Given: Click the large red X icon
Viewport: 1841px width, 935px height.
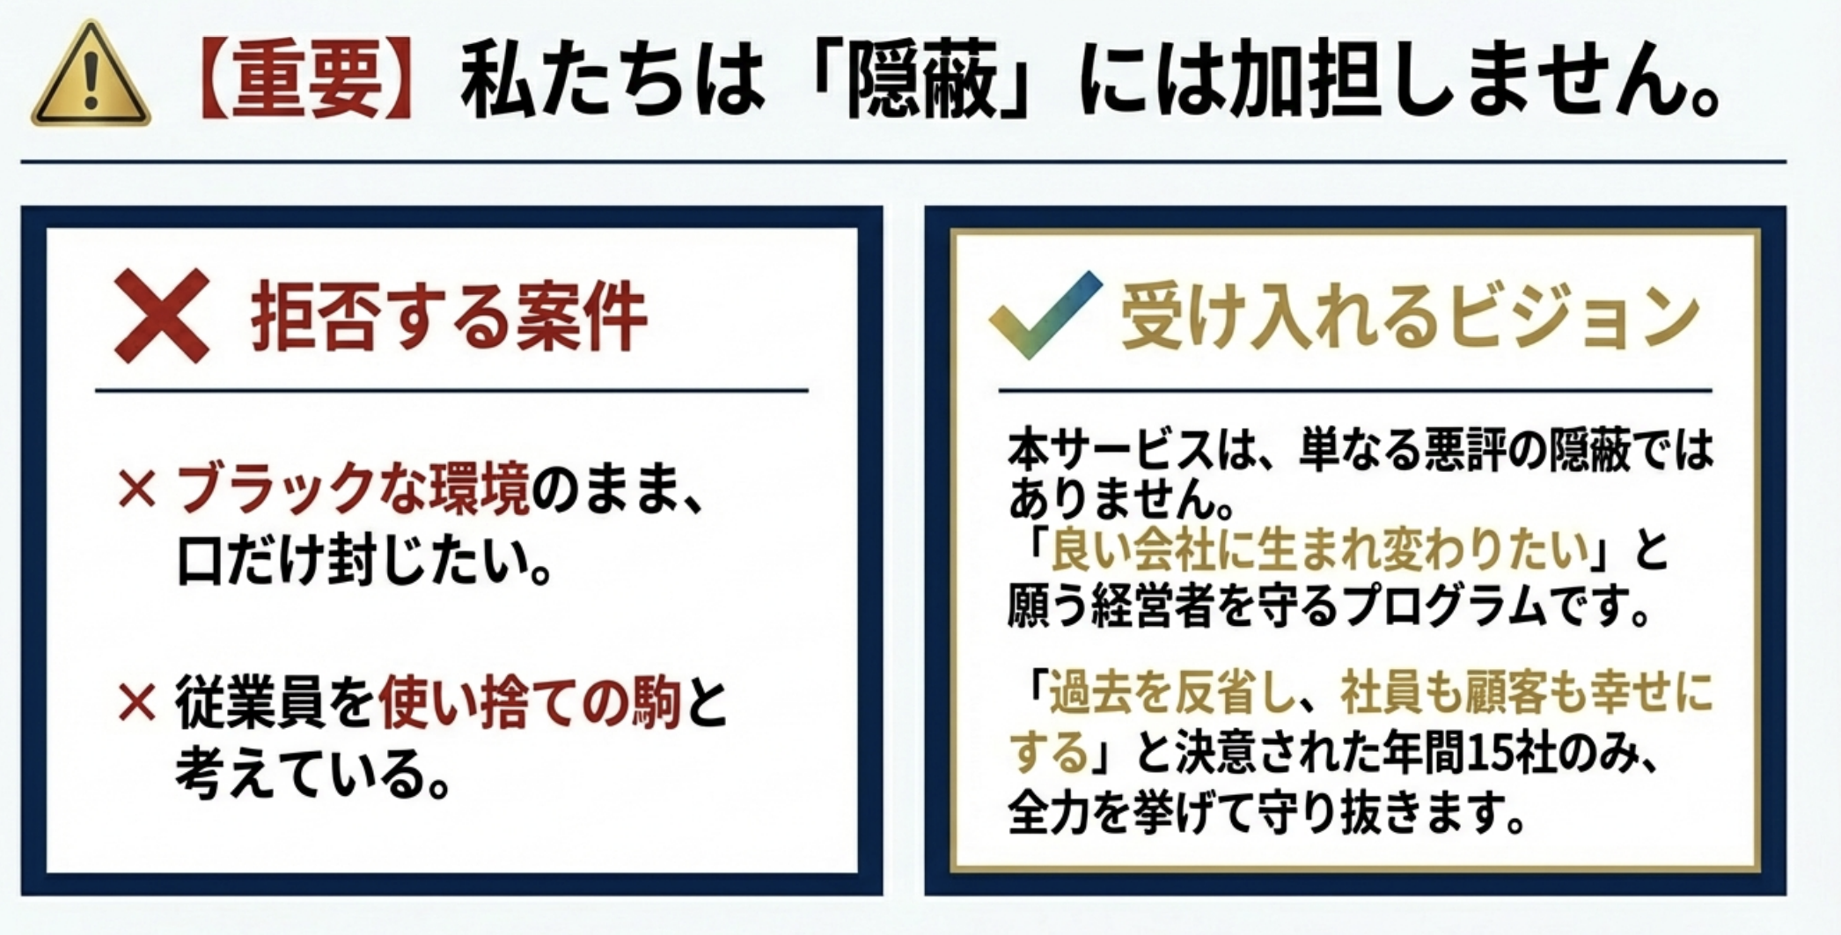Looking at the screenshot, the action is (163, 316).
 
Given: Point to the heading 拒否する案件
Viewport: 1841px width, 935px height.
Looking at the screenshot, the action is (449, 318).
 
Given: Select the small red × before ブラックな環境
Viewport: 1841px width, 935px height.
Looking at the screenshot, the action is (136, 490).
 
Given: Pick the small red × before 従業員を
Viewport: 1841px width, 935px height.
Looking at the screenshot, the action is (136, 704).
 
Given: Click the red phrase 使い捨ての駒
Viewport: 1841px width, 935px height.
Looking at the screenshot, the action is (530, 703).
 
